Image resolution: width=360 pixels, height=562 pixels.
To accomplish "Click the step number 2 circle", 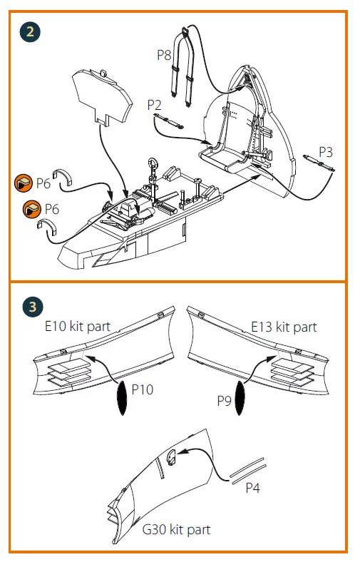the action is tap(30, 32).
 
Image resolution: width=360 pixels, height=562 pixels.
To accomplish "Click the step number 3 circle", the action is tap(33, 307).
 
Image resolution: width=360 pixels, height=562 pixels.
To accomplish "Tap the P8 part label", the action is tap(164, 55).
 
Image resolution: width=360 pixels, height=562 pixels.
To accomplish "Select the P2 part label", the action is tap(155, 105).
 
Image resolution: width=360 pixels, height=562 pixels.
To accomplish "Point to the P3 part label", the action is tap(326, 152).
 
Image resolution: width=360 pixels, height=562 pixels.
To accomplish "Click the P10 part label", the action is tap(142, 389).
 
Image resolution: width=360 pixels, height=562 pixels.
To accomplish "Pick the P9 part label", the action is tap(225, 401).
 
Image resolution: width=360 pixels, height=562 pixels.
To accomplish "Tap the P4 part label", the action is tap(252, 488).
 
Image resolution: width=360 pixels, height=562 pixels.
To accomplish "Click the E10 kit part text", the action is tap(78, 327).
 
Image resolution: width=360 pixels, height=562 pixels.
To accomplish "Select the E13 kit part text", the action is tap(284, 327).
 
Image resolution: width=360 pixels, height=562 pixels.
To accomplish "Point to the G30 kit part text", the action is tap(176, 529).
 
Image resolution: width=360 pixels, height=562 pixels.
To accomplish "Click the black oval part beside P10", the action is tap(123, 398).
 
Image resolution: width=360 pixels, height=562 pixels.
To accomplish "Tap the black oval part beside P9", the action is tap(240, 398).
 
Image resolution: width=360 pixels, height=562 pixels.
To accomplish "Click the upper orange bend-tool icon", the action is tap(24, 183).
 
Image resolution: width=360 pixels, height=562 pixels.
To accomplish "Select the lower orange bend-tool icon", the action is tap(32, 209).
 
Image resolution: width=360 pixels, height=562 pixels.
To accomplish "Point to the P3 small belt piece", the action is tap(319, 163).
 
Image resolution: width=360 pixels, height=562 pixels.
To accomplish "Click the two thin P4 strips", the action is tap(248, 471).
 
